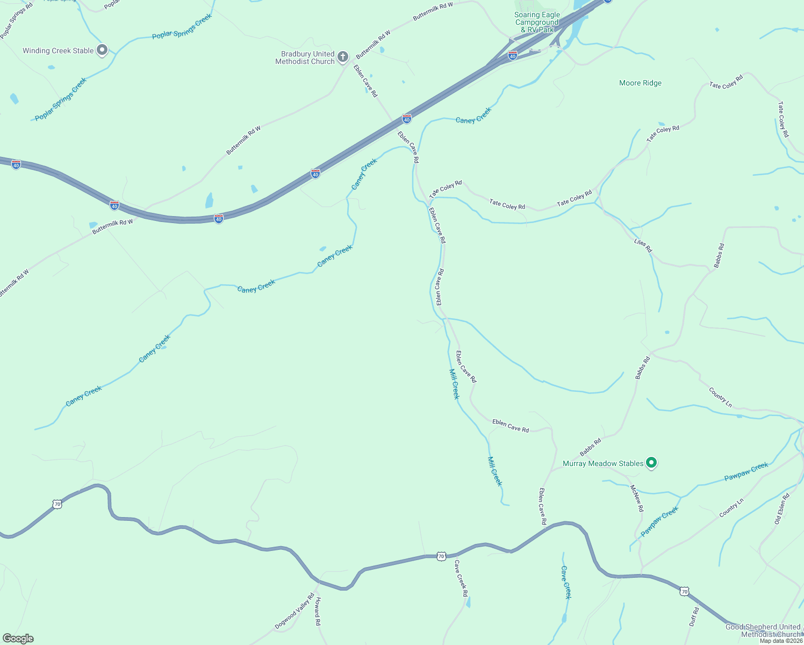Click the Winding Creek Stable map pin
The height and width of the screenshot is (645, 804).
click(x=102, y=51)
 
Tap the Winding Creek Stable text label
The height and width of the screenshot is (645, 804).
click(x=58, y=51)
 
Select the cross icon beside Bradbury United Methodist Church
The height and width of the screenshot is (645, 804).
click(x=343, y=57)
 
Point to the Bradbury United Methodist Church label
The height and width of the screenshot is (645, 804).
click(x=305, y=58)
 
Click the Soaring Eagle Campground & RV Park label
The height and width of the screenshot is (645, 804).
click(x=537, y=23)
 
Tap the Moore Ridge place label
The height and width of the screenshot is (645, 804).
click(x=640, y=83)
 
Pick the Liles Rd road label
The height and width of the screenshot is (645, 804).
click(x=643, y=246)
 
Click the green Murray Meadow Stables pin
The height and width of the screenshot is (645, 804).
click(x=651, y=462)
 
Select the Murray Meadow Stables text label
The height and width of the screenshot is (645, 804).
click(x=603, y=463)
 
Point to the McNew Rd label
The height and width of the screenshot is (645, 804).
click(x=636, y=498)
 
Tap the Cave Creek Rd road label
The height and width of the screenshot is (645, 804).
click(x=461, y=578)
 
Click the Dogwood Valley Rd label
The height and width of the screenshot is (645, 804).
click(x=295, y=611)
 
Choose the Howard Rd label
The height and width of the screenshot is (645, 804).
click(x=318, y=611)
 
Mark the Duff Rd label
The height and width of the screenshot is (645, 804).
click(x=694, y=617)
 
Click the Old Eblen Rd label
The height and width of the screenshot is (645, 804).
click(x=782, y=508)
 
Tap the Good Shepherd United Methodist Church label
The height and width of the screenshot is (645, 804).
click(x=763, y=630)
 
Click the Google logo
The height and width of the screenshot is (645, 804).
click(x=18, y=639)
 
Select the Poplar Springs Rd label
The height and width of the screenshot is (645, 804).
click(x=16, y=21)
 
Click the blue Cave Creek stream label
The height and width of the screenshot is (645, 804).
click(x=565, y=582)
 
